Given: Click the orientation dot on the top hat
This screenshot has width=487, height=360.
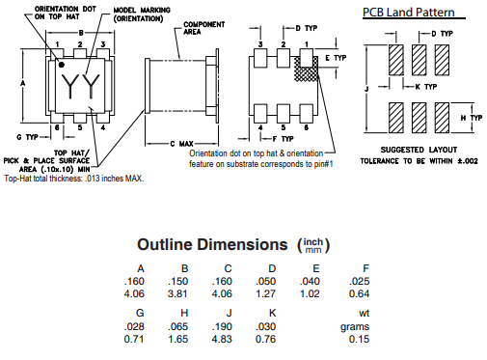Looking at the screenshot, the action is pos(61,65).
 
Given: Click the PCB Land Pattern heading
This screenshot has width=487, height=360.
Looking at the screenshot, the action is pos(409,13).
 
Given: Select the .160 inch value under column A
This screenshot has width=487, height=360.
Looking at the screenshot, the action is pos(134,281).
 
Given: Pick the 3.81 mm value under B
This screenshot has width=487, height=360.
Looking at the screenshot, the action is pos(177,293).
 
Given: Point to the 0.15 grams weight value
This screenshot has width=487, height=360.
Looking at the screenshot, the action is pos(359,339).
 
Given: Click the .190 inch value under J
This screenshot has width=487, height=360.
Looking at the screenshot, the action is pos(222,326).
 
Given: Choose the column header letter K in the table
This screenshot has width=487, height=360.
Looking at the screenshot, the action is pos(272,313).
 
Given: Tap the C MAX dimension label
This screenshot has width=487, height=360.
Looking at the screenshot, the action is pos(181,144).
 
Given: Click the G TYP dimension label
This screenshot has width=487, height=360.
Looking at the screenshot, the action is pos(27,137).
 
